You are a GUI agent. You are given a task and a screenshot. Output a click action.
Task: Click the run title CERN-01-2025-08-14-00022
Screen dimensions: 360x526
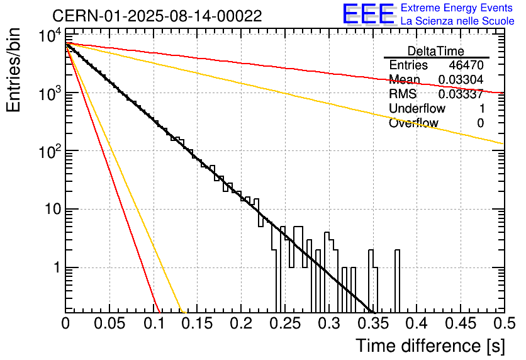(157, 16)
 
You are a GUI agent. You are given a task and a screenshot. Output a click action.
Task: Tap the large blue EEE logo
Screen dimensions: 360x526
(368, 14)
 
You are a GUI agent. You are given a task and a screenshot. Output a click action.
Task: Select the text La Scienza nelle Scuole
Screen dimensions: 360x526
(457, 21)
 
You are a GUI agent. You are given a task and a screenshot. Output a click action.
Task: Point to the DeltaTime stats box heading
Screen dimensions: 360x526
(436, 51)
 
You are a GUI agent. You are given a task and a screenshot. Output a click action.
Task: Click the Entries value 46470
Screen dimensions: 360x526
(466, 65)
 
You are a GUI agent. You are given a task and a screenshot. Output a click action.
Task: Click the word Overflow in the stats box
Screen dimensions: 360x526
(413, 123)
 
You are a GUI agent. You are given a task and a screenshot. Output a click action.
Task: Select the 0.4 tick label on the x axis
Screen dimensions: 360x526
(416, 324)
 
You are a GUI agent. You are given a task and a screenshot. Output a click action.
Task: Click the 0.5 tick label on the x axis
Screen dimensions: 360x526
(501, 324)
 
